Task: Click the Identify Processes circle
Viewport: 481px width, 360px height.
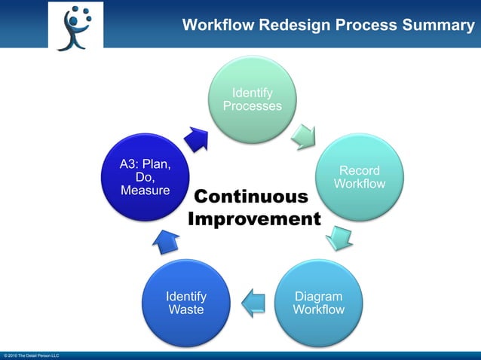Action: coord(252,99)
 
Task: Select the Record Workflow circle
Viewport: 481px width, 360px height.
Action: coord(359,178)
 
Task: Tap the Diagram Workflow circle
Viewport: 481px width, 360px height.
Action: coord(318,303)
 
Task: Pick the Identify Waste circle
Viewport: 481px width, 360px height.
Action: coord(186,303)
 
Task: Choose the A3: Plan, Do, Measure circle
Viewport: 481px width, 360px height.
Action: coord(146,178)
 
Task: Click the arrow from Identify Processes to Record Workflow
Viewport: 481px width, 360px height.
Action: coord(305,136)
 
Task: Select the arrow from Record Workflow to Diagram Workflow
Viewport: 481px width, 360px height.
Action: coord(339,237)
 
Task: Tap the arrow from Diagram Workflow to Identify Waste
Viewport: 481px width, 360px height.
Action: coord(253,302)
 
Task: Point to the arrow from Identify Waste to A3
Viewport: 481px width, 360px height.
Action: coord(166,240)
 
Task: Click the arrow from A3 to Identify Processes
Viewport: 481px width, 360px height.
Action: coord(198,137)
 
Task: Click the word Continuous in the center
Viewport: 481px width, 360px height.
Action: coord(251,197)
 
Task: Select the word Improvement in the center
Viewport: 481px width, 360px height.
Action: coord(254,219)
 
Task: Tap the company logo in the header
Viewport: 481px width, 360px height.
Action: coord(75,26)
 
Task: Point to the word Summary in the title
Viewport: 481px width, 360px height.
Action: coord(440,26)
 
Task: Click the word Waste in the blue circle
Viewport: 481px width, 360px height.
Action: coord(186,310)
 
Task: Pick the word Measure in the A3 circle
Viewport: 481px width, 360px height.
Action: coord(146,191)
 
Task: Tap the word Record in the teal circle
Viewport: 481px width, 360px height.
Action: coord(360,171)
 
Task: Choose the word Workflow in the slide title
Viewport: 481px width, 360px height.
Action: coord(218,26)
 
